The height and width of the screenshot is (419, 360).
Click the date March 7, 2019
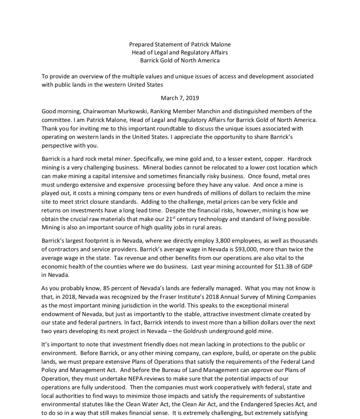tap(180, 98)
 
